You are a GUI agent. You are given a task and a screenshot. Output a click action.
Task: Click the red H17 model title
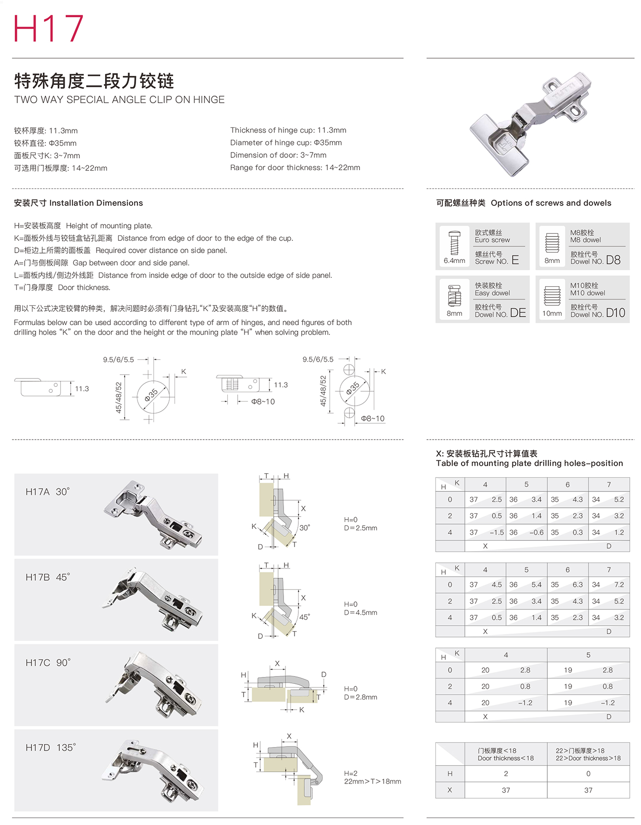(x=48, y=28)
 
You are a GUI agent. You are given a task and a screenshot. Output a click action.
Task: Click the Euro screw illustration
(x=454, y=243)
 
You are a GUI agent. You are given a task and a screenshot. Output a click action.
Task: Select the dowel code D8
(x=613, y=260)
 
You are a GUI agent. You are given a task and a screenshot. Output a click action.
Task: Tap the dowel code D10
(x=615, y=313)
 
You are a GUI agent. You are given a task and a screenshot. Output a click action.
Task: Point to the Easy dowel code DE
(x=518, y=313)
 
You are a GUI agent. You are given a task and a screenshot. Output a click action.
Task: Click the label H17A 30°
(x=48, y=491)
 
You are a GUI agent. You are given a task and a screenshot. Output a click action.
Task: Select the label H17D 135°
(x=51, y=748)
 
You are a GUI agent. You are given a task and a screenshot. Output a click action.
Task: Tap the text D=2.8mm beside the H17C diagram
(x=360, y=697)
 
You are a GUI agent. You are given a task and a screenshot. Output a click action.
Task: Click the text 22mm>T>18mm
(x=372, y=782)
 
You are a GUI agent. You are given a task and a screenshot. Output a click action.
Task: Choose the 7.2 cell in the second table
(x=619, y=585)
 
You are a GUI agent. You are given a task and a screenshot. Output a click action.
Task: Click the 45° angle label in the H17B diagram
(x=305, y=617)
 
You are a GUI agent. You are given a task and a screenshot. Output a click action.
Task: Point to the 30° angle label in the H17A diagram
(x=305, y=527)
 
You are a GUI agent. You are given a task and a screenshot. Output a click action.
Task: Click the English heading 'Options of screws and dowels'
(x=551, y=203)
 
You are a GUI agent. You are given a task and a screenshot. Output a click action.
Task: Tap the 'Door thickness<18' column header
(x=505, y=754)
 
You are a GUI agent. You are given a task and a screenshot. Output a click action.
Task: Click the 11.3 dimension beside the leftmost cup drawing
(x=82, y=389)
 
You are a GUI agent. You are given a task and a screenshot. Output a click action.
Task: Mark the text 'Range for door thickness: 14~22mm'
(x=295, y=168)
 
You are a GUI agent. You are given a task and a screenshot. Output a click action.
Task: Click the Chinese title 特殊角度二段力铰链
(x=94, y=81)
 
